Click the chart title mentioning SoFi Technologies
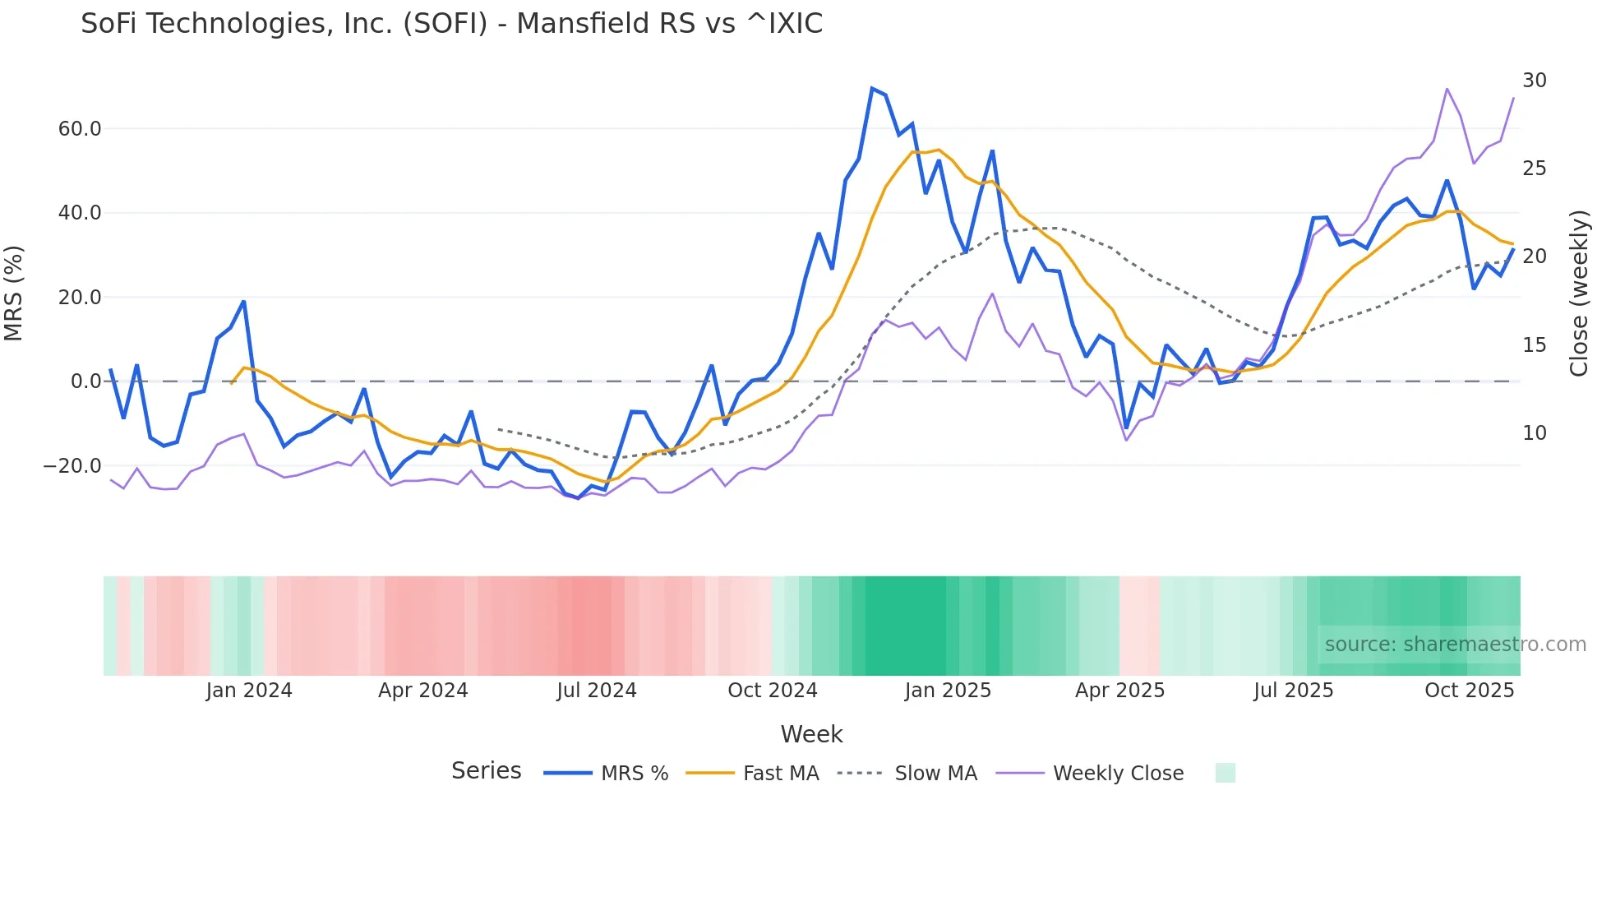(x=451, y=24)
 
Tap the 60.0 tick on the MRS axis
(x=80, y=129)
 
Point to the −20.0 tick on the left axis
(x=73, y=466)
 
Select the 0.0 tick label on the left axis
(x=85, y=381)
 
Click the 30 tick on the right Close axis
(x=1534, y=81)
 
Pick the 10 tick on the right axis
(x=1534, y=433)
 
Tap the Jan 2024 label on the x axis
(x=249, y=691)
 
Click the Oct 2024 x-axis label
(x=772, y=691)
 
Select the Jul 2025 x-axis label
(x=1293, y=691)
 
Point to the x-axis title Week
(x=811, y=734)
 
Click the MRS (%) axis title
(x=14, y=294)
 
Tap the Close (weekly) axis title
(x=1578, y=294)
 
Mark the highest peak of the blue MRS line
(x=871, y=88)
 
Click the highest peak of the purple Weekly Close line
(x=1446, y=89)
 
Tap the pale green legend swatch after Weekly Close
(x=1225, y=773)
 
